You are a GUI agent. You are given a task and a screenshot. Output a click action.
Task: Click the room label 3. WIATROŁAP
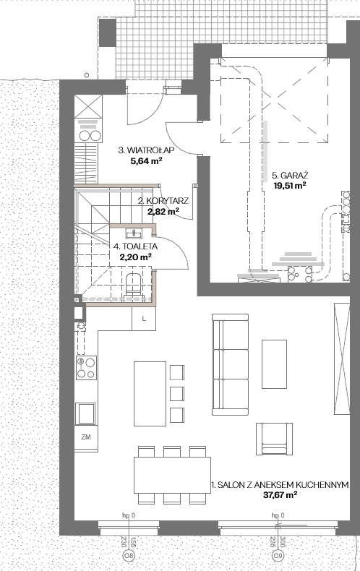click(146, 150)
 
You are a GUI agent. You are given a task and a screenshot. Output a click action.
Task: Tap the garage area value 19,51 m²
click(290, 185)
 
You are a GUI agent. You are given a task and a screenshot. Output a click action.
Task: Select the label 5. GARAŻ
click(290, 175)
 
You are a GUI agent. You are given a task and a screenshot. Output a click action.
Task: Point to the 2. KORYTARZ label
click(163, 201)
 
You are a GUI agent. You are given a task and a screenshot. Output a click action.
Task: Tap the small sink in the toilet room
click(134, 233)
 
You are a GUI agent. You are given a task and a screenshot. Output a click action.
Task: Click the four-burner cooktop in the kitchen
click(86, 368)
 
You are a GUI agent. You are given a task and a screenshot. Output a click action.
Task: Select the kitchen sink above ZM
click(85, 413)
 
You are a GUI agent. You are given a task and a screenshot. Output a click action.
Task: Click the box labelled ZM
click(86, 437)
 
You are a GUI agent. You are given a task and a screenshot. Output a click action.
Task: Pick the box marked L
click(144, 319)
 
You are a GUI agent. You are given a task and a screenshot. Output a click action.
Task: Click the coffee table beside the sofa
click(275, 364)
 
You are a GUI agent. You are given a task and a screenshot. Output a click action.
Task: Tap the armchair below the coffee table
click(274, 439)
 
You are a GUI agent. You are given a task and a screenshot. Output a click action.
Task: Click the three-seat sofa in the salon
click(231, 364)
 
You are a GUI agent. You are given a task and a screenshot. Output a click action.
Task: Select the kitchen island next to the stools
click(150, 394)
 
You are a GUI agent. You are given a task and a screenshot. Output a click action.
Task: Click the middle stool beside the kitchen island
click(177, 394)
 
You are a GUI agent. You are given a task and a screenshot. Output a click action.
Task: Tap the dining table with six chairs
click(172, 475)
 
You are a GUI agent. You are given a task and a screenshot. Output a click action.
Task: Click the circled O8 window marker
click(128, 556)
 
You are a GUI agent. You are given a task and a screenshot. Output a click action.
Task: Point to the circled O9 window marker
click(278, 556)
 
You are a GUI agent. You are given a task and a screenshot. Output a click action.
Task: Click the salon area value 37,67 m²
click(280, 495)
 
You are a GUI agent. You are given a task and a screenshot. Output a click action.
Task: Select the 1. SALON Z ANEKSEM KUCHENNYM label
click(280, 485)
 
